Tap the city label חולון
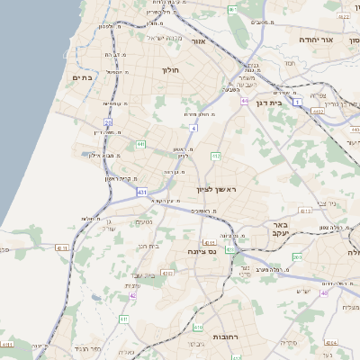click(x=170, y=70)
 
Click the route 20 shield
click(x=108, y=121)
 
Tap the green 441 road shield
click(x=140, y=144)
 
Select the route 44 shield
click(x=244, y=101)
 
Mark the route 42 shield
click(x=132, y=295)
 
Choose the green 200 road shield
click(x=297, y=257)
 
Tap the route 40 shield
click(x=324, y=293)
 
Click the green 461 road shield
click(x=233, y=10)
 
